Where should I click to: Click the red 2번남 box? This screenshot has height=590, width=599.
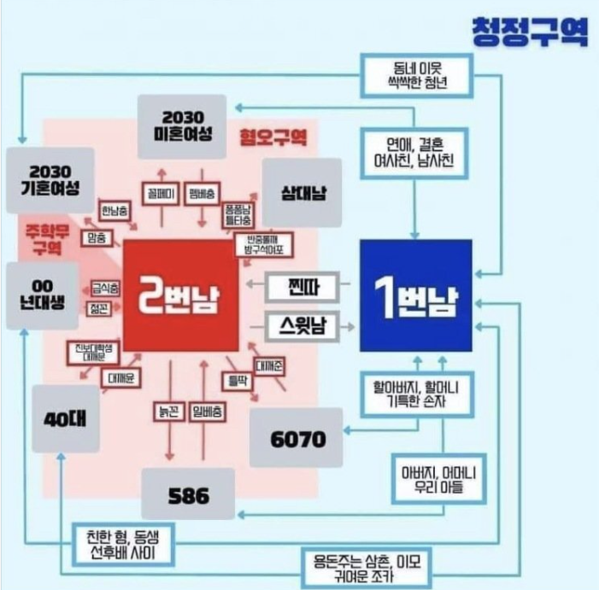[179, 295]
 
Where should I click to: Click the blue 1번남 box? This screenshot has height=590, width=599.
[416, 295]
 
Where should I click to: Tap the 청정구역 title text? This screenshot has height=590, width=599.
[529, 32]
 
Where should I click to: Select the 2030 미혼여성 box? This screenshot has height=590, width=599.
[181, 125]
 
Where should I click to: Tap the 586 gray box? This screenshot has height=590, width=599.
[188, 494]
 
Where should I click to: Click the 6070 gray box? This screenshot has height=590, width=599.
[297, 438]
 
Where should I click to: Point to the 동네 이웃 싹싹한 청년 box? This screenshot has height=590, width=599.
[416, 75]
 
